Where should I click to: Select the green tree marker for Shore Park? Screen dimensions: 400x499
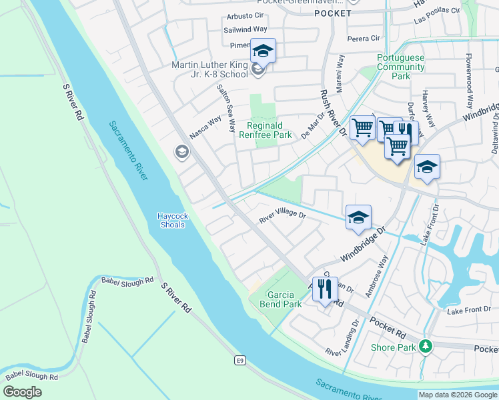pos(424,346)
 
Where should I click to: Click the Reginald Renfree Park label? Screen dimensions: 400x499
pos(270,130)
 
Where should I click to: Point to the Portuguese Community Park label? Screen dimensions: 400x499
pos(401,67)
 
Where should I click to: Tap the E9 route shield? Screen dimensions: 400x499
pos(239,361)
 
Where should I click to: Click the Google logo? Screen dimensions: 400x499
pos(22,392)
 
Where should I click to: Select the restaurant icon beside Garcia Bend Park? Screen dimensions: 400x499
pos(325,290)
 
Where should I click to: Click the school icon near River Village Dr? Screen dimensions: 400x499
pos(358,217)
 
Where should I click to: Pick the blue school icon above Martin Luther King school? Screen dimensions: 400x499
pos(263,51)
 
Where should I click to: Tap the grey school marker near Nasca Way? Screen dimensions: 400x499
pos(181,153)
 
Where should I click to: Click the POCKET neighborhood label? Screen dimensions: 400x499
pos(332,13)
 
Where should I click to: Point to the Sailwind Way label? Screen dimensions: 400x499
pos(245,30)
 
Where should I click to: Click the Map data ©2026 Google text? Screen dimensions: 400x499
pos(457,395)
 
